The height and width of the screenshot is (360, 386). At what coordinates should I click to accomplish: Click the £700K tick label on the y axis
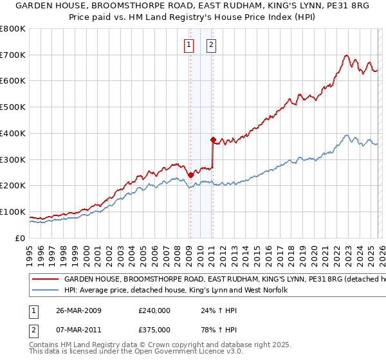click(x=13, y=55)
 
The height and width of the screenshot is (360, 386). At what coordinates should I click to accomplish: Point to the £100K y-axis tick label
click(x=13, y=212)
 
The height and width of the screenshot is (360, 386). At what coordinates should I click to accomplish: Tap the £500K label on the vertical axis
click(x=13, y=107)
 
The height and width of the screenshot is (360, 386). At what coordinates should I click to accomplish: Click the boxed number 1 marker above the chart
click(x=189, y=44)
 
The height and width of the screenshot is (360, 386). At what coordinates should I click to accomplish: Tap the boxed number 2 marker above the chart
click(x=212, y=44)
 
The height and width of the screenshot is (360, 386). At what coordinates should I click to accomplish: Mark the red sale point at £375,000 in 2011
click(x=212, y=139)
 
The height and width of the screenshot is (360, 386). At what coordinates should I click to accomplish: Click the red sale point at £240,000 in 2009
click(x=190, y=174)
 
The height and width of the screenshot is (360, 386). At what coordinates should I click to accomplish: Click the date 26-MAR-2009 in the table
click(x=79, y=310)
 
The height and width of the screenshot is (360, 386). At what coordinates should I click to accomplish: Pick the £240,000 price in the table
click(x=154, y=310)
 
